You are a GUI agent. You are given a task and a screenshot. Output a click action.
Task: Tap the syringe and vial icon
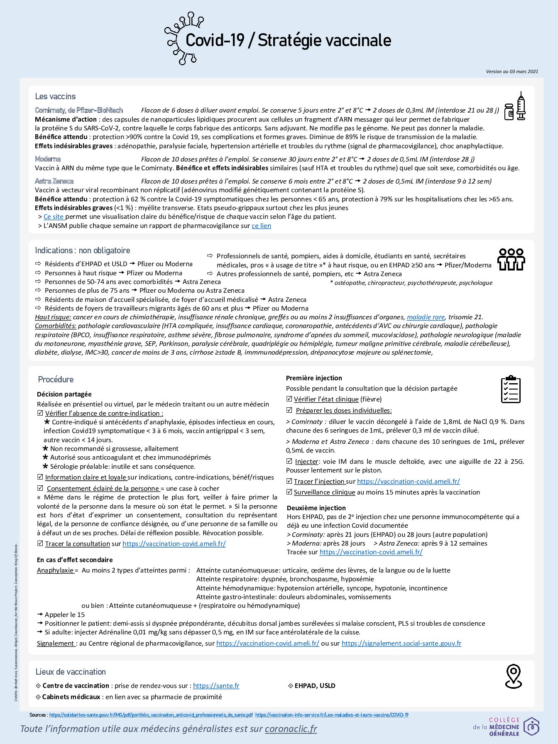pos(515,107)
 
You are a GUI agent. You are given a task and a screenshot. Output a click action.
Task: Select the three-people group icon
pos(511,259)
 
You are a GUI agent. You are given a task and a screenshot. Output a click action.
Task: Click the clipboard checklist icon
pos(511,389)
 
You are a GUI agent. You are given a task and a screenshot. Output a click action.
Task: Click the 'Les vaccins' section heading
pos(55,96)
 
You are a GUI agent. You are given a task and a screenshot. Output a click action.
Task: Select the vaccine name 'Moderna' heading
pos(48,159)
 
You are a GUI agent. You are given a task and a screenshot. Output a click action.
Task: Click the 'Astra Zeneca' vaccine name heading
pos(54,181)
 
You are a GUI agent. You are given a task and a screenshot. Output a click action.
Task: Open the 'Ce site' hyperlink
pos(54,216)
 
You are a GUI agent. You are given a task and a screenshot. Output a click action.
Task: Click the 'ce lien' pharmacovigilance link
pos(261,226)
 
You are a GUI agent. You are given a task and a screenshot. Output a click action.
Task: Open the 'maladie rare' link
pos(426,317)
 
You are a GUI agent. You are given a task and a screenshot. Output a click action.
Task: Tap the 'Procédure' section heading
pos(56,379)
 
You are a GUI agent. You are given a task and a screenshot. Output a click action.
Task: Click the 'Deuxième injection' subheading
pos(316,508)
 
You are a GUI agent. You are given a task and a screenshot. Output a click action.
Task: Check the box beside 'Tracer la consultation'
pos(40,543)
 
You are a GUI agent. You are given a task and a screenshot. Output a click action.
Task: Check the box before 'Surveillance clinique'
pos(289,492)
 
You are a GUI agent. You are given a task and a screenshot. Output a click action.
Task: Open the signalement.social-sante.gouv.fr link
pos(401,644)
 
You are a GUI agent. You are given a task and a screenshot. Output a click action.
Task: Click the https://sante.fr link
pos(216,686)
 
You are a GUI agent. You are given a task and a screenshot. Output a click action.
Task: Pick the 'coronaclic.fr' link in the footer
pos(291,729)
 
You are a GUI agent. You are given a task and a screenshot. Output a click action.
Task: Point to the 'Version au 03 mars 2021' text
pos(512,71)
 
